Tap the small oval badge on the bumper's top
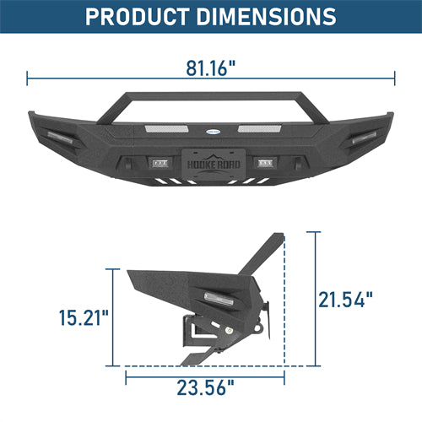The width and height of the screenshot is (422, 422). [x=210, y=131]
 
